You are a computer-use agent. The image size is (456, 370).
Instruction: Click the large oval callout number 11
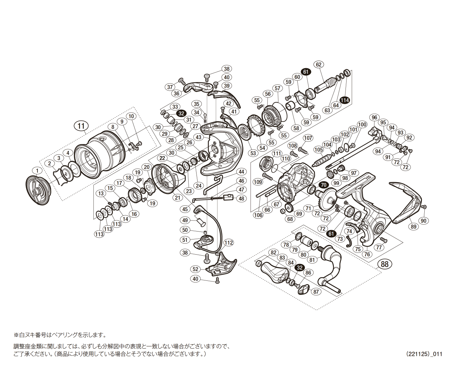81,126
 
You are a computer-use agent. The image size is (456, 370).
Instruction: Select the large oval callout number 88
384,264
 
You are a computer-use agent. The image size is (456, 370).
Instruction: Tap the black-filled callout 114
344,100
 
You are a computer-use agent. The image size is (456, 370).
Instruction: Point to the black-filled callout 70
323,185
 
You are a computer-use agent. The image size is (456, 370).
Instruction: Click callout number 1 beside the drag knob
37,171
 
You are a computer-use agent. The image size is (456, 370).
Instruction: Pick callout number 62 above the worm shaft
319,64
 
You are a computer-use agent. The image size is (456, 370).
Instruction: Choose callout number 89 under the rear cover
413,226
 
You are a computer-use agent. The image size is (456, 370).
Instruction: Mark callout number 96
374,117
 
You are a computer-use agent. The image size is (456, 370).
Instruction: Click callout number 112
229,243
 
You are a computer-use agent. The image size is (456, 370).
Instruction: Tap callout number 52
195,269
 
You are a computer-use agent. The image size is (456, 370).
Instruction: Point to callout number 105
319,150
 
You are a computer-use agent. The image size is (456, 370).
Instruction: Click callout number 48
241,198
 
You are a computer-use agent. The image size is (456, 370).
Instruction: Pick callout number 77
379,247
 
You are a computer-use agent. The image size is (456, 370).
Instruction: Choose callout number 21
178,197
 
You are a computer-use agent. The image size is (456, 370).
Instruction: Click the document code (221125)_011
424,354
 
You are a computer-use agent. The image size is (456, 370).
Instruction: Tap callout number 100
362,124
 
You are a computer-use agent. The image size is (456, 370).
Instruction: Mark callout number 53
253,153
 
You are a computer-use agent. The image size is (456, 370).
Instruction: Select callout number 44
241,172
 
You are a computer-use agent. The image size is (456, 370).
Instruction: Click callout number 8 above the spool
113,127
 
